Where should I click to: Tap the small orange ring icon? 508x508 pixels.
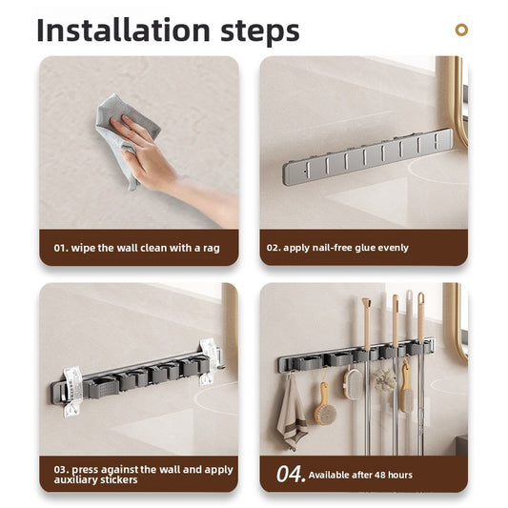click(x=461, y=30)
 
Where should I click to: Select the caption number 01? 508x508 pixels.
click(x=61, y=248)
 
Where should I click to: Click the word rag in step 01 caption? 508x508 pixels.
click(x=211, y=248)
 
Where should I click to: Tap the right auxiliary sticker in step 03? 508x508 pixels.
click(x=207, y=361)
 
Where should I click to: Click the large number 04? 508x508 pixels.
click(x=290, y=474)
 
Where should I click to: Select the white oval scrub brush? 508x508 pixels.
click(x=353, y=382)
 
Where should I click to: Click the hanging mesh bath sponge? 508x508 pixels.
click(x=385, y=381)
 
